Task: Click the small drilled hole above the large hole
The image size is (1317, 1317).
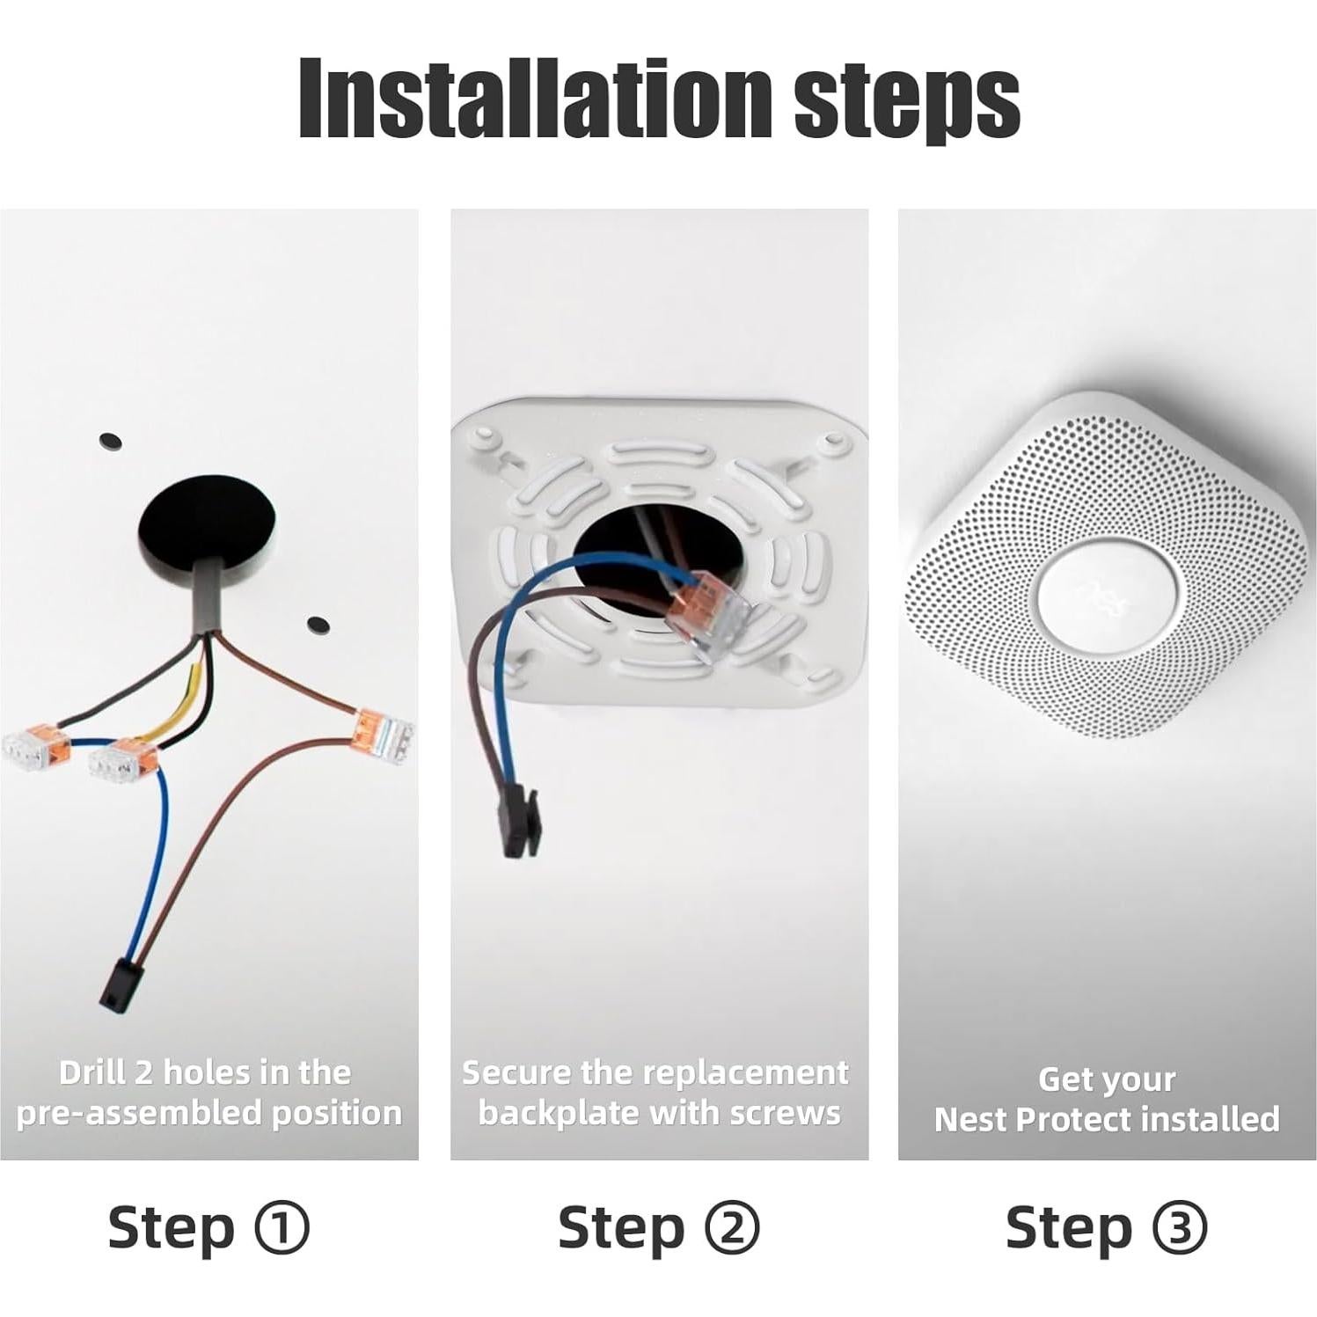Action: (111, 440)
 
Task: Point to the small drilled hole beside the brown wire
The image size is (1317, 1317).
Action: (318, 625)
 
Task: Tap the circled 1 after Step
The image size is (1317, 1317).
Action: (282, 1228)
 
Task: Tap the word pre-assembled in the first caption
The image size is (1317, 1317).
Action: (139, 1113)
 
